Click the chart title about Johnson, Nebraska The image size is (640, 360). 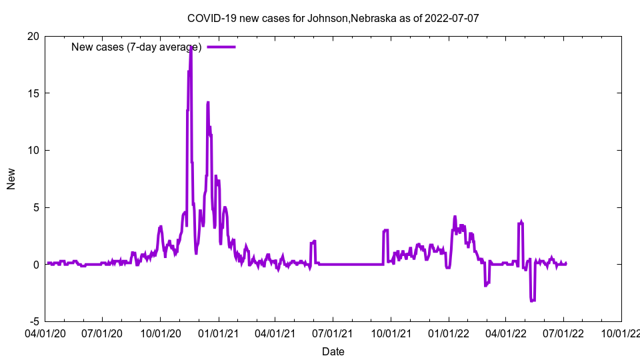coord(333,18)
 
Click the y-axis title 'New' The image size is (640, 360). coord(11,179)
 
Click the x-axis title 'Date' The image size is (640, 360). coord(333,351)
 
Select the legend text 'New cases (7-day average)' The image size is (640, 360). coord(136,47)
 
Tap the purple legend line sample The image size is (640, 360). coord(221,47)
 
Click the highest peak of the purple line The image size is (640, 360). coord(191,47)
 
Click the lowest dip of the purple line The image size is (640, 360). coord(532,301)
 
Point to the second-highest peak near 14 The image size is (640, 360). coord(208,103)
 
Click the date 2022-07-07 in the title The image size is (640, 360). coord(453,18)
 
